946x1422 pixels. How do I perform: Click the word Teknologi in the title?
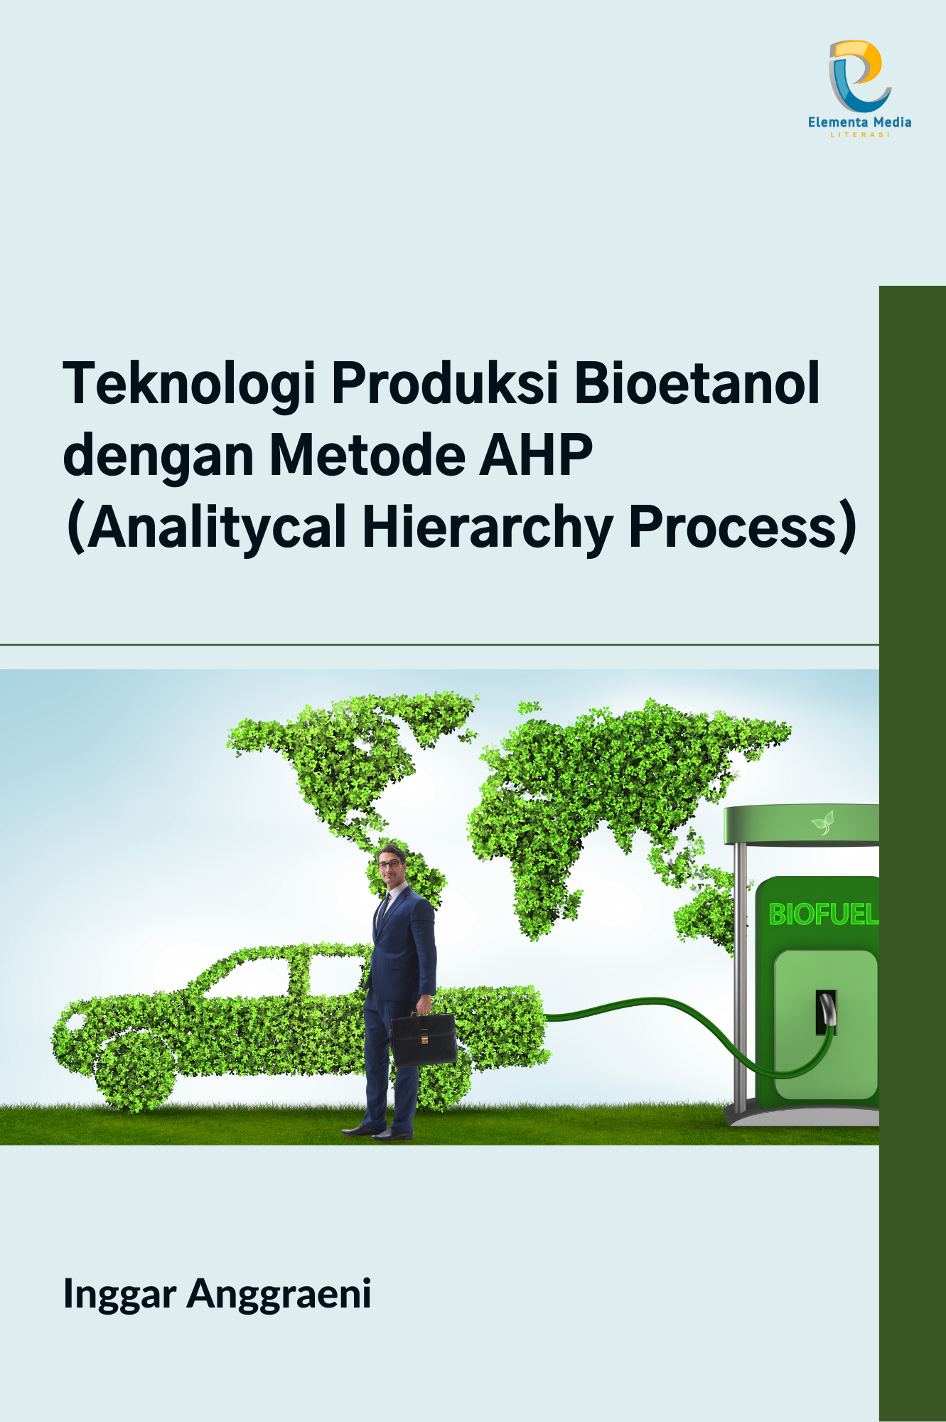pos(189,385)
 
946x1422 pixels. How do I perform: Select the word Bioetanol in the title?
pos(697,383)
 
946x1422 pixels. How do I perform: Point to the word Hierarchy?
pos(488,528)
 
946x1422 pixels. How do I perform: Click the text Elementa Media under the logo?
pos(859,122)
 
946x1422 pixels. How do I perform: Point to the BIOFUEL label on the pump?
pos(823,914)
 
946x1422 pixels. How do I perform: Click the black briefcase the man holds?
pos(423,1039)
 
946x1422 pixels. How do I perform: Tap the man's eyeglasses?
pos(389,864)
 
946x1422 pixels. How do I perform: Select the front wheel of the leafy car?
pos(135,1070)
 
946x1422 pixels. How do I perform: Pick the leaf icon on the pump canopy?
pos(823,823)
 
